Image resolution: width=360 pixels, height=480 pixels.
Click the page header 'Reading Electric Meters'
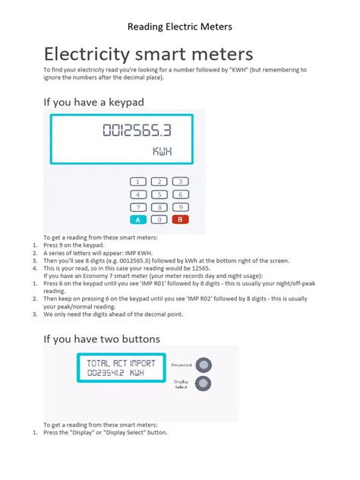[179, 27]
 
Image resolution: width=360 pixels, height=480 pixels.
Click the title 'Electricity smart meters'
[148, 55]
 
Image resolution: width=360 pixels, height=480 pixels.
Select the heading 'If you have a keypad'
[93, 101]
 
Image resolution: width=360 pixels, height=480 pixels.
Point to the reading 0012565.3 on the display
[137, 131]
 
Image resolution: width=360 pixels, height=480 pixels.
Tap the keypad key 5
[158, 194]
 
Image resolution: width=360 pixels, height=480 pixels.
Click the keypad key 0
[158, 220]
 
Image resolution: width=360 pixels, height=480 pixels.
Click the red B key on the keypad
[180, 220]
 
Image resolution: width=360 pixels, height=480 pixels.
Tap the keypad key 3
[180, 182]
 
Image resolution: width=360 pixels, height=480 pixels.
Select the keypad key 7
[137, 207]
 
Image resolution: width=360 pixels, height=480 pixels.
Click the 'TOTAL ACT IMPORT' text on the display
[122, 363]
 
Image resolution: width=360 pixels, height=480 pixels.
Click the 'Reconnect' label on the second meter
[182, 365]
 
